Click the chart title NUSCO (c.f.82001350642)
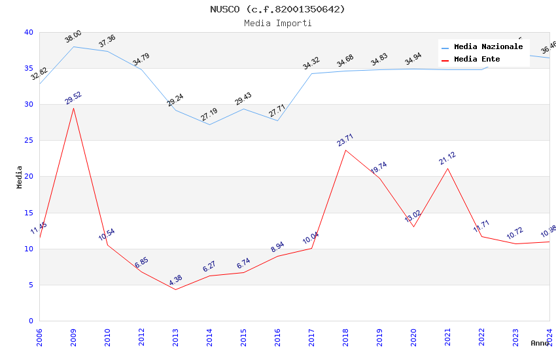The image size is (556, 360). [277, 9]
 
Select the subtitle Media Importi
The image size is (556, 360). [277, 24]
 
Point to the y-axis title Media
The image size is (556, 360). [20, 177]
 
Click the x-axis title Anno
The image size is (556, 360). [540, 343]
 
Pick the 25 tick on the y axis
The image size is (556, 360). [29, 141]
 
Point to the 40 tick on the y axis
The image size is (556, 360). [29, 33]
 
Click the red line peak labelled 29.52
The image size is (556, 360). [73, 108]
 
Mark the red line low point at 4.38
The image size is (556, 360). [175, 289]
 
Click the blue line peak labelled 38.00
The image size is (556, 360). [73, 46]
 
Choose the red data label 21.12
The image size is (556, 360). [447, 158]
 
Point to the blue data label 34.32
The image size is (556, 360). [311, 63]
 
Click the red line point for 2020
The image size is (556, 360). [413, 226]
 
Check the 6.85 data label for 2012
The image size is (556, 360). [141, 262]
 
